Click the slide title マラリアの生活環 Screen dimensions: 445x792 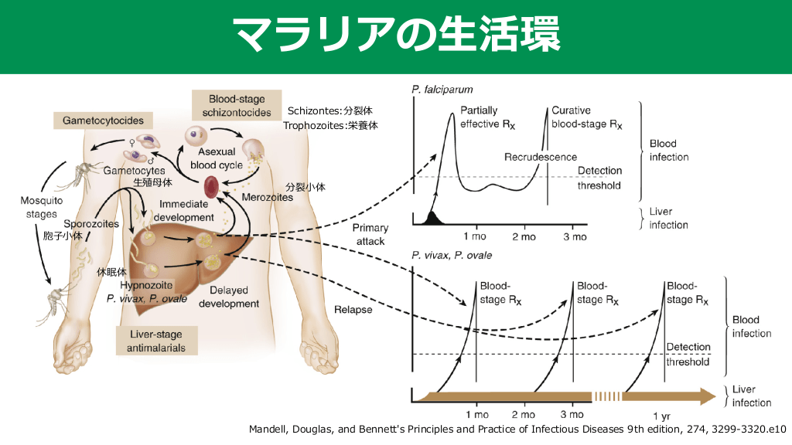396,35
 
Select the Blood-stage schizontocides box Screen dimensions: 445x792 237,106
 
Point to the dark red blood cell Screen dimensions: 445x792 211,186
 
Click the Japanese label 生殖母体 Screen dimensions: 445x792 152,182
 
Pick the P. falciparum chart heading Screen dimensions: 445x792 442,90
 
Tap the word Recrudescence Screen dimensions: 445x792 535,158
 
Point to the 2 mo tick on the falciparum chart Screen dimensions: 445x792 524,236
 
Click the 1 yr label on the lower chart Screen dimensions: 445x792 661,415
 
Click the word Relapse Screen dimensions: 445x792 353,310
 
